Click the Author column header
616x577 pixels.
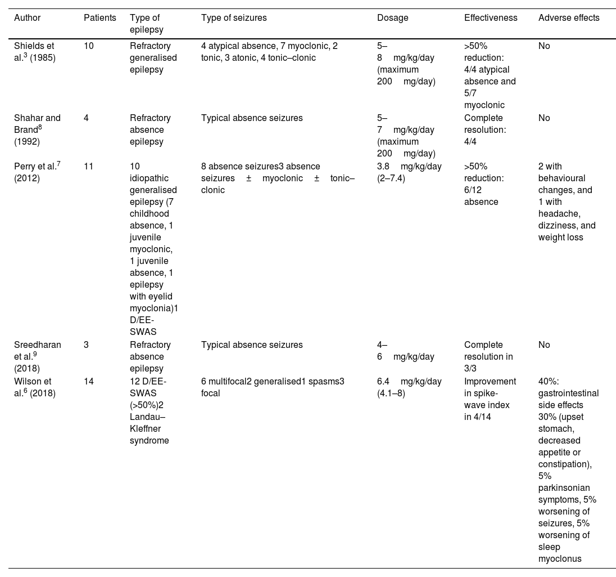point(27,18)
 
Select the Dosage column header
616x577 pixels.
point(392,18)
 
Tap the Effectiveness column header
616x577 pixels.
point(490,18)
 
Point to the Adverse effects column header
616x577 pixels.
point(568,18)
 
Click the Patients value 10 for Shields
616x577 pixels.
point(89,46)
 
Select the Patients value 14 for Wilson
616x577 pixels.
point(89,382)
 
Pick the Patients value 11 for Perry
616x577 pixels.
point(88,167)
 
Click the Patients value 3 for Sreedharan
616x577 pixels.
point(86,345)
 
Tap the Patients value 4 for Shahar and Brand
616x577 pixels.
point(86,118)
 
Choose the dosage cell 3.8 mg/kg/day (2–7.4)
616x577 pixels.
point(409,172)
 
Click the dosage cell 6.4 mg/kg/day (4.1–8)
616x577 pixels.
point(409,387)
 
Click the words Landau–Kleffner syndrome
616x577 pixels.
point(150,428)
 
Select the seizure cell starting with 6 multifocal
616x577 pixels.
point(273,387)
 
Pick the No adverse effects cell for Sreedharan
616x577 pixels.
point(544,345)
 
